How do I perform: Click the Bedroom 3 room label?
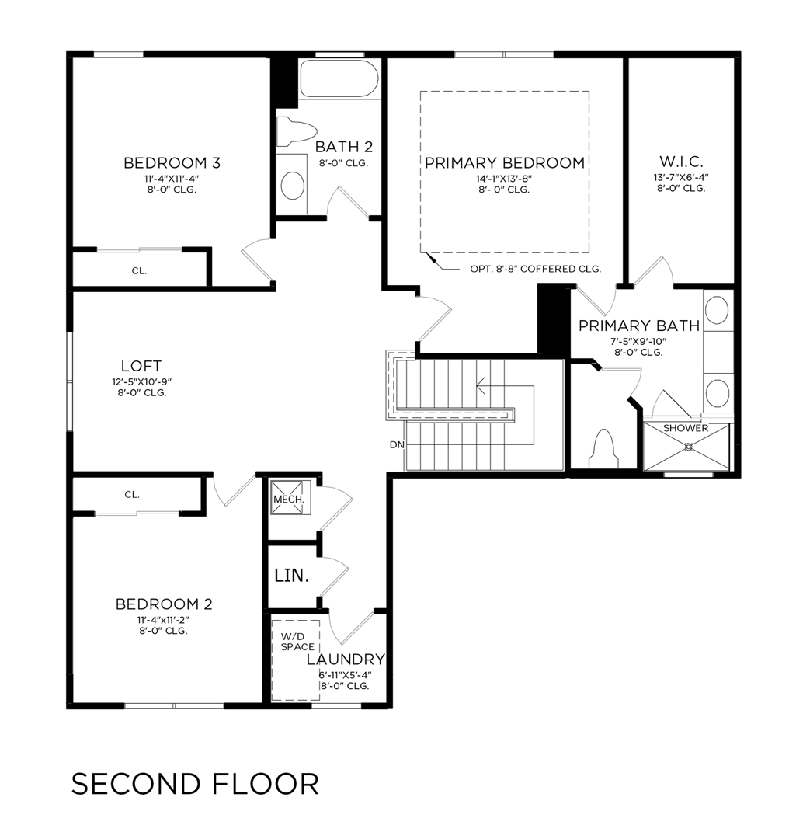tap(172, 163)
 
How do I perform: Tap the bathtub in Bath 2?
tap(339, 78)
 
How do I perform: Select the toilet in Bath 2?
tap(297, 130)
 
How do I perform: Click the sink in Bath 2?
tap(292, 186)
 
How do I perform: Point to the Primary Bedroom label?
tap(504, 163)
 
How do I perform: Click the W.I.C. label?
tap(681, 162)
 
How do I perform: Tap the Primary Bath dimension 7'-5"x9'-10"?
tap(639, 341)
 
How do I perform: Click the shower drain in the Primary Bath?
tap(687, 446)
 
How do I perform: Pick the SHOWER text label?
tap(686, 428)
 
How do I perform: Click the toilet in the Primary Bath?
tap(604, 449)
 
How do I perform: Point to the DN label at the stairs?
tap(396, 445)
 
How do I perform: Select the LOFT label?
tap(141, 366)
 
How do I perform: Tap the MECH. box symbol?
tap(280, 498)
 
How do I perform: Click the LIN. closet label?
tap(292, 576)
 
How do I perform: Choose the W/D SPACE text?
tap(297, 642)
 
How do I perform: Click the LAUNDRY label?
tap(346, 660)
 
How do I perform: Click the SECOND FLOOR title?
tap(195, 784)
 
